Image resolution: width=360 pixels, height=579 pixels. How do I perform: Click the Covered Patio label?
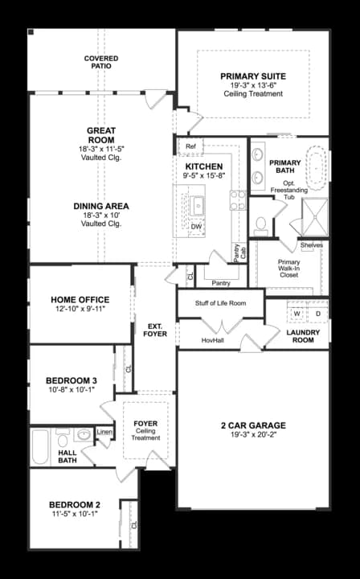pos(101,62)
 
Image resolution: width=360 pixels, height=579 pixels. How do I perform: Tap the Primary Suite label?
pos(253,77)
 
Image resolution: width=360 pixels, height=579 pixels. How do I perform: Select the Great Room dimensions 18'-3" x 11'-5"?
pos(101,149)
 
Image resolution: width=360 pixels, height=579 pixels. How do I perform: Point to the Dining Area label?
pos(101,206)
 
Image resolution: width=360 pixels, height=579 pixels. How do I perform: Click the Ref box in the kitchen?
pos(190,146)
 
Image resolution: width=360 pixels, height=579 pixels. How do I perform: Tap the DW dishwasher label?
pos(196,227)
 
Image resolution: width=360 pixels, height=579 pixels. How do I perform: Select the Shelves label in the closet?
pos(312,245)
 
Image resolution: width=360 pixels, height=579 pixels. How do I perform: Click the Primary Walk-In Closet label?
pos(288,269)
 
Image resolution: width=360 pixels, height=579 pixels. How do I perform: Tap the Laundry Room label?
pos(304,336)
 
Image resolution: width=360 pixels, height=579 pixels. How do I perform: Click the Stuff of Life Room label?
pos(220,303)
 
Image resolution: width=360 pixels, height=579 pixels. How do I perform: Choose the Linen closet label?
pos(104,432)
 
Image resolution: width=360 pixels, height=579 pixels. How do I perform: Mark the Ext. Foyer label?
pos(154,329)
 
